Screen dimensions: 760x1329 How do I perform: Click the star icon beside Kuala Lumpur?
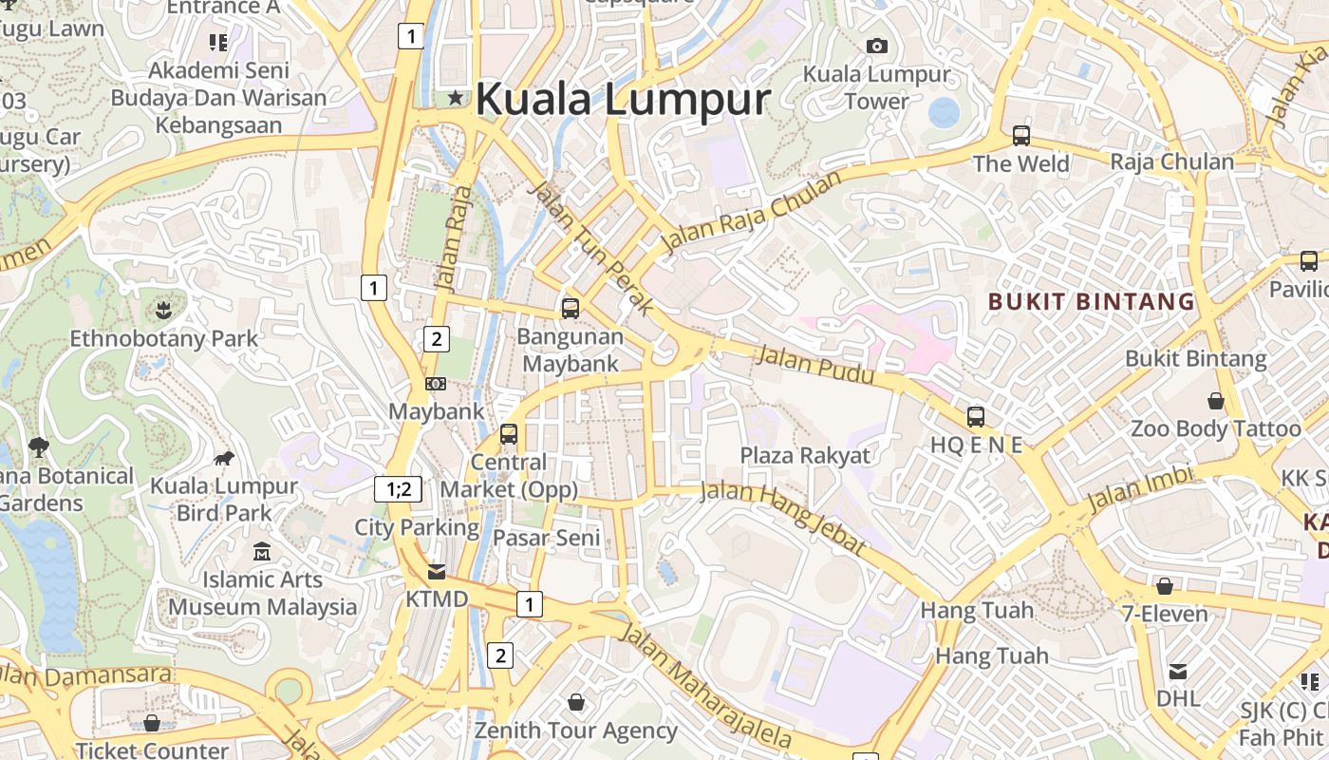457,97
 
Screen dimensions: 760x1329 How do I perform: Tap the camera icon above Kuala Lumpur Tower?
876,46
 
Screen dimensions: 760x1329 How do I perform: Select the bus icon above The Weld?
1021,136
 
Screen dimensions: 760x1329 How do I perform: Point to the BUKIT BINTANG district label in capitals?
1091,302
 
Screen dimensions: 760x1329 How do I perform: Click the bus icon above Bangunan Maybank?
571,308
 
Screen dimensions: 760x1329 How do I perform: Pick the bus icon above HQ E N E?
976,416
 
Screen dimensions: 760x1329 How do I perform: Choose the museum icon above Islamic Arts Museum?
262,551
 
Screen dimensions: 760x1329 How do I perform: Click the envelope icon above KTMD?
437,572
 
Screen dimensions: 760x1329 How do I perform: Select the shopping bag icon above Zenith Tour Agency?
575,703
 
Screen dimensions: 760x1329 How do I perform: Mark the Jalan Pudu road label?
814,366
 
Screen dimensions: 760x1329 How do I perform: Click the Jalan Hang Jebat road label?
783,518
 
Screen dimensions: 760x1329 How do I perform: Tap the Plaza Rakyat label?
804,455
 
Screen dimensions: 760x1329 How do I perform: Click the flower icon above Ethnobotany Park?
163,310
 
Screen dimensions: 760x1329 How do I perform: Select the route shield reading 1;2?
398,489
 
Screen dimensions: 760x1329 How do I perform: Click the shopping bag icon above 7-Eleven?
1164,586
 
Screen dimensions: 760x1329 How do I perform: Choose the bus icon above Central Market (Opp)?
509,434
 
